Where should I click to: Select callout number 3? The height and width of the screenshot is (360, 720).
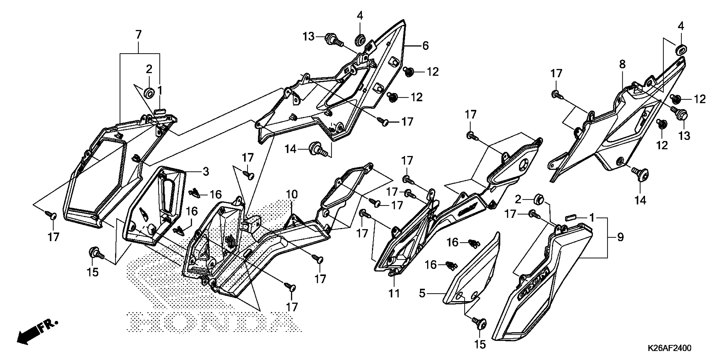(206, 172)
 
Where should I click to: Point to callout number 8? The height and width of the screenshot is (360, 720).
(622, 65)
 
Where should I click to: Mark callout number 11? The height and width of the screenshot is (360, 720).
(394, 294)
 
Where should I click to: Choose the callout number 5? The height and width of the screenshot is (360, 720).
(422, 294)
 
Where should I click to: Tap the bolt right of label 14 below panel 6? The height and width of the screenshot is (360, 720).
(317, 149)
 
